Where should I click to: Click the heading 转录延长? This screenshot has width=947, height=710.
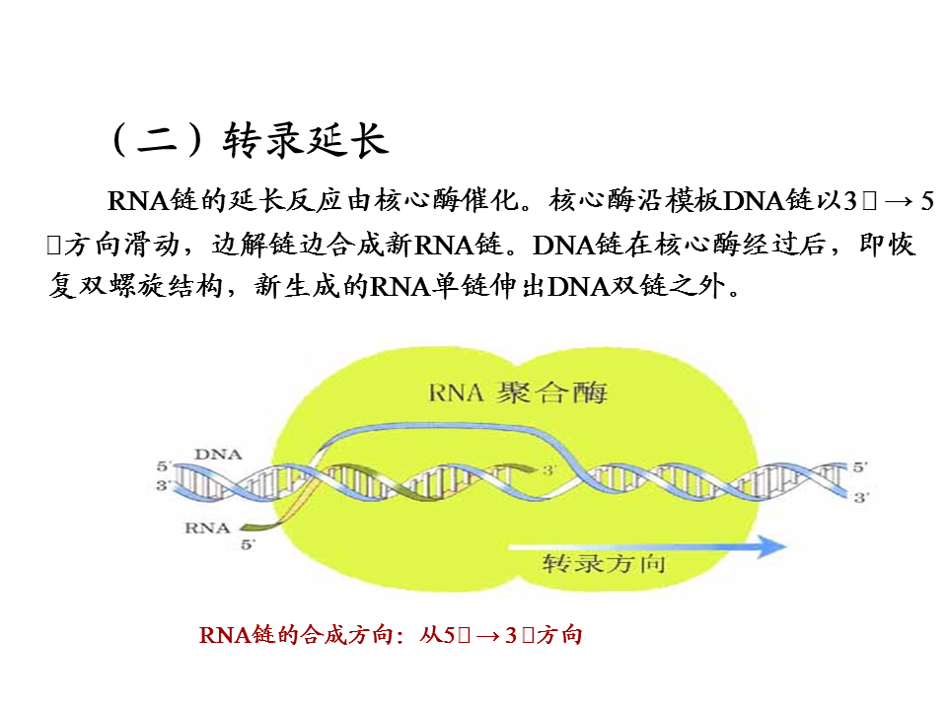pyautogui.click(x=307, y=140)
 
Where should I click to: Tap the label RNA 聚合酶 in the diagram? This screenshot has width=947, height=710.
pyautogui.click(x=518, y=393)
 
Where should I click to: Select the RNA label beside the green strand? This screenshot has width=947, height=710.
pyautogui.click(x=207, y=528)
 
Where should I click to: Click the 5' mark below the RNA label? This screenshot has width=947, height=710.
pyautogui.click(x=248, y=543)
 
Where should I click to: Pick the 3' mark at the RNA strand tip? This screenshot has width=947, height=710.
pyautogui.click(x=549, y=472)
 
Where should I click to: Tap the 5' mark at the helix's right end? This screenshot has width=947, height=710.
pyautogui.click(x=860, y=466)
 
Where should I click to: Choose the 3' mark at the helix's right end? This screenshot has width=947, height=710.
pyautogui.click(x=860, y=498)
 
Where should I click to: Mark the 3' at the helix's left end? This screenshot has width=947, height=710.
pyautogui.click(x=163, y=485)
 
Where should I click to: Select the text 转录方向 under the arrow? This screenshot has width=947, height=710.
pyautogui.click(x=604, y=565)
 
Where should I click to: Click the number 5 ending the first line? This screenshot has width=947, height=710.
pyautogui.click(x=925, y=201)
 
